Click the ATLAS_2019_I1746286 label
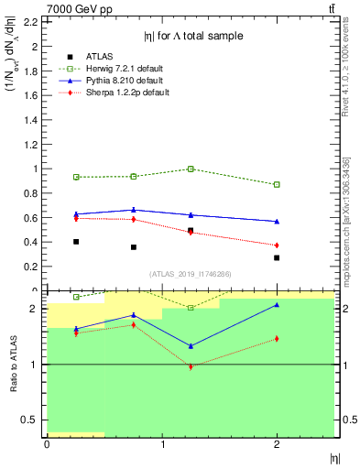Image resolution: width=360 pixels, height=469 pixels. (190, 274)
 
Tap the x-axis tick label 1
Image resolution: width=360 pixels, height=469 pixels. (162, 443)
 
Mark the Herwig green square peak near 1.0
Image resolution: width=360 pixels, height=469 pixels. (191, 169)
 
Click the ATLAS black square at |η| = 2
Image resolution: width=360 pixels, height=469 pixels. (277, 257)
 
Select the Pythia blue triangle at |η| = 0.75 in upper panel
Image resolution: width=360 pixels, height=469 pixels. (134, 210)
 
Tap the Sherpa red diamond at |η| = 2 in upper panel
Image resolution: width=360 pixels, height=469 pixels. (277, 245)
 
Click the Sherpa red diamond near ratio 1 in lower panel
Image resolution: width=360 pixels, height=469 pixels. (191, 366)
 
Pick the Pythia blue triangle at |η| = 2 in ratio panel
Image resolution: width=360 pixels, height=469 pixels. (277, 305)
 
